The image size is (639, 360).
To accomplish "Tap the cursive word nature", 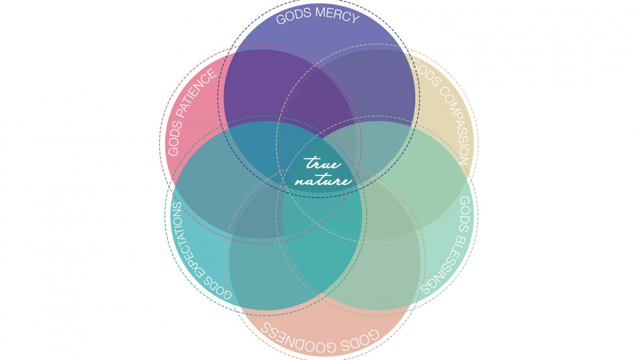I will (x=323, y=181).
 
